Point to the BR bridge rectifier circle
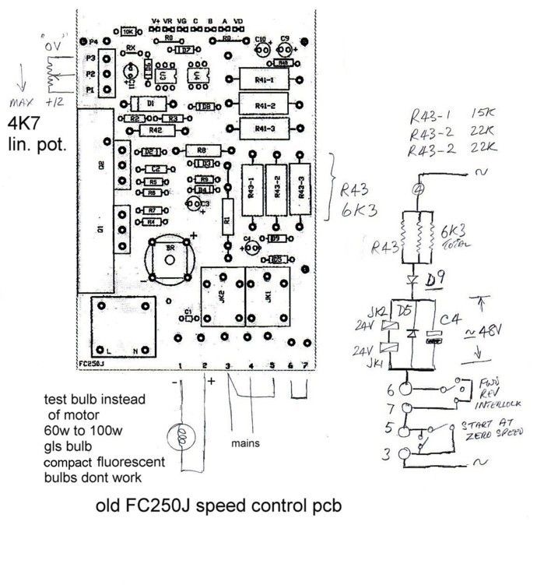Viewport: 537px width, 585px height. click(x=170, y=258)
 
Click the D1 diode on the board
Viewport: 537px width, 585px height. click(x=152, y=104)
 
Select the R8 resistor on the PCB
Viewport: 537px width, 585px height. click(x=201, y=150)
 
